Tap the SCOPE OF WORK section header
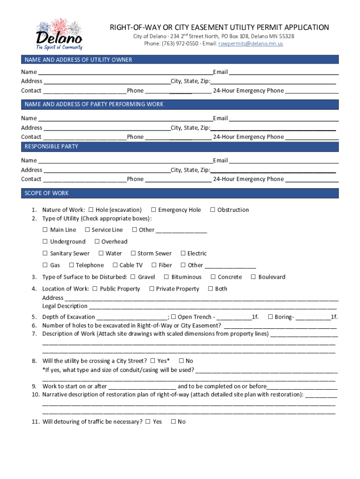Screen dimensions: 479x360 tap(180, 193)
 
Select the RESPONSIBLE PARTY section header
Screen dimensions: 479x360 tap(180, 146)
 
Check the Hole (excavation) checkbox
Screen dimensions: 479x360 tap(91, 210)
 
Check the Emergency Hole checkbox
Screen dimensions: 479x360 tap(153, 210)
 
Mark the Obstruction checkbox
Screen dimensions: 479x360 tap(213, 210)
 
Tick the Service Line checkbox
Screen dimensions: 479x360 tap(87, 230)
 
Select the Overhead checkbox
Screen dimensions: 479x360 tap(97, 242)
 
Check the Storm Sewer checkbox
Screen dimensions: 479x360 tap(133, 254)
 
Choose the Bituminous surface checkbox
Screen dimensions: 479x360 tap(167, 277)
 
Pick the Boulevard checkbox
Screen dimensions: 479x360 tap(253, 277)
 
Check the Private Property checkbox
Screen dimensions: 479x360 tap(151, 289)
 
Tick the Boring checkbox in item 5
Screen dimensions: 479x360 tap(270, 317)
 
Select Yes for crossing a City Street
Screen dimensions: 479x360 tap(152, 361)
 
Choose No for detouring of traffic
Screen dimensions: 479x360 tap(173, 422)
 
